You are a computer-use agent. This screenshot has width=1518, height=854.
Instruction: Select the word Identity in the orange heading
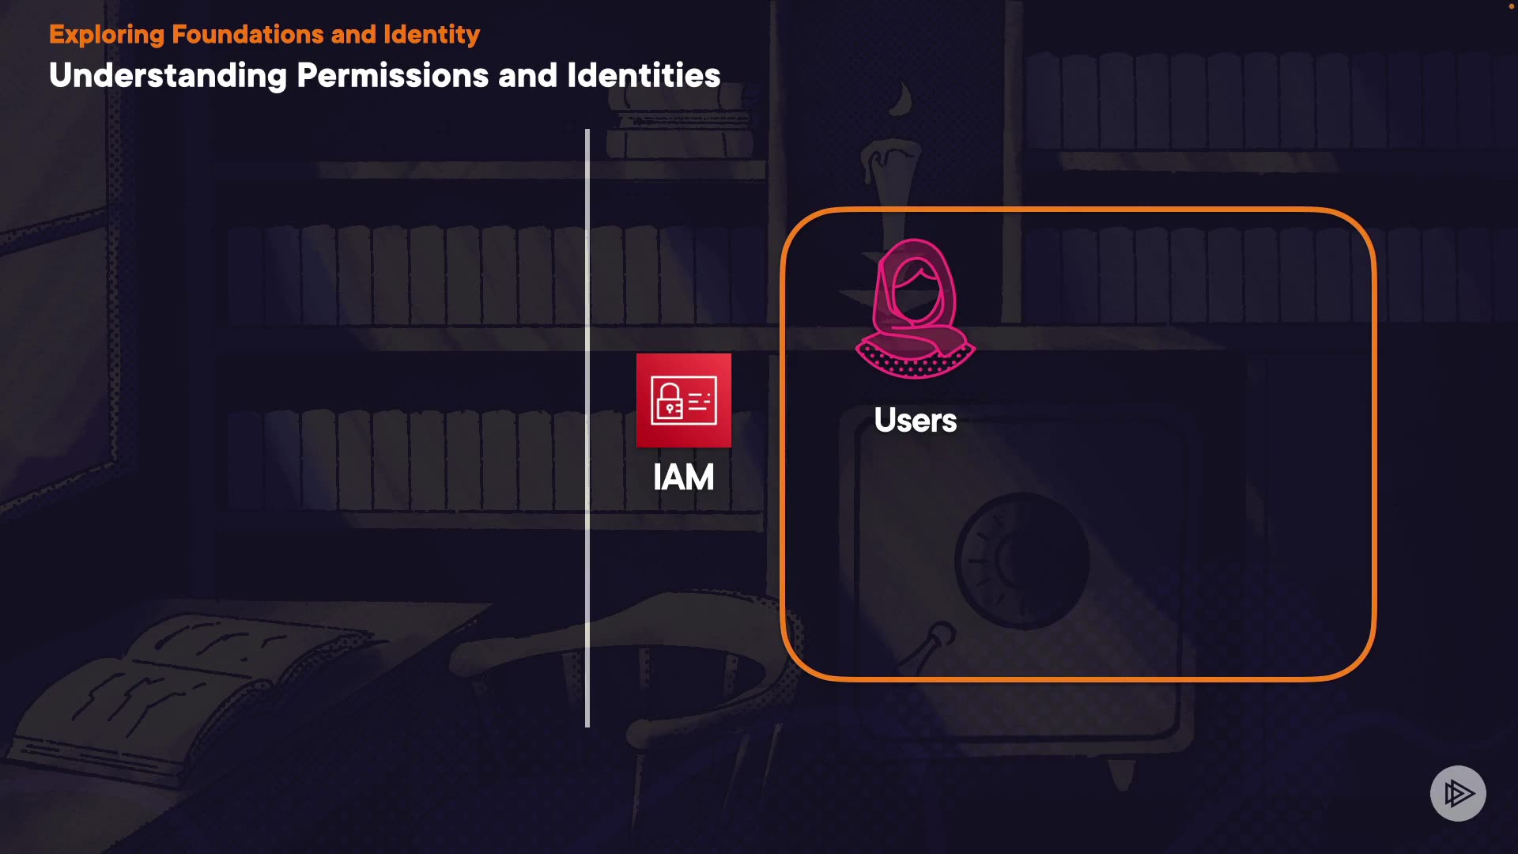click(x=432, y=35)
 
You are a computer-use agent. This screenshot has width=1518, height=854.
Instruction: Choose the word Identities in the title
click(x=644, y=76)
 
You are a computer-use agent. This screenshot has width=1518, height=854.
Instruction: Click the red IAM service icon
click(x=684, y=400)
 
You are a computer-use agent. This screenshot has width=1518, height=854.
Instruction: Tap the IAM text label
click(x=684, y=478)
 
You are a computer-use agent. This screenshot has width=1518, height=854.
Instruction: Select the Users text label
click(x=916, y=421)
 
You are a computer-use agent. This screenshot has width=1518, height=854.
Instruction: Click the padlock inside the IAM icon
click(x=669, y=401)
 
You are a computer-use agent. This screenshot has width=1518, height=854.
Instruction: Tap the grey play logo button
click(x=1458, y=793)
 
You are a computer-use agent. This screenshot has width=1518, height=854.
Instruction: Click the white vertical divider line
click(x=587, y=427)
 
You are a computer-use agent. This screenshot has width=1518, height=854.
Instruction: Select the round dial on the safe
click(x=1022, y=561)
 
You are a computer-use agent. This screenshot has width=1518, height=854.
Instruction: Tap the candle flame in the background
click(x=901, y=100)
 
